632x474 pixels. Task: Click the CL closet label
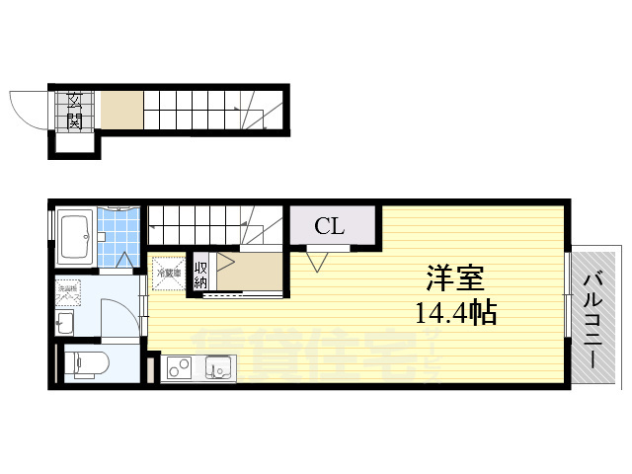(330, 226)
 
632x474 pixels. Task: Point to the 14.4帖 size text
(455, 314)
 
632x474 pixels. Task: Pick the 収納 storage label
(200, 272)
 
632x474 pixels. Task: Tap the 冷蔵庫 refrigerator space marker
(167, 272)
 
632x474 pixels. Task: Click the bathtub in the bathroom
(74, 238)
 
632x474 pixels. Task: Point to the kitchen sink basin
(219, 369)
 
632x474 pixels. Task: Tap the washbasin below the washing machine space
(65, 322)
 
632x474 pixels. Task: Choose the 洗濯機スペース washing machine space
(69, 291)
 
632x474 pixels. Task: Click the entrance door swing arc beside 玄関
(27, 106)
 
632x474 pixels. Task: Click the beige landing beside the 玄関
(121, 108)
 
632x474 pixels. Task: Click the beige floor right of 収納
(251, 272)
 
